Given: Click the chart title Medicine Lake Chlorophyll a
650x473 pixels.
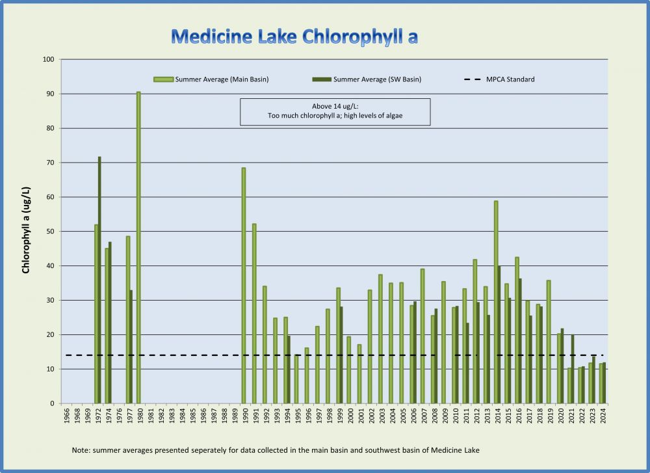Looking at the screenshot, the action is click(294, 36).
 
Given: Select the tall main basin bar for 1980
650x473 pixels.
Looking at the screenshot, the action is click(138, 247).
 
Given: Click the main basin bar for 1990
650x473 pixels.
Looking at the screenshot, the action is click(244, 286).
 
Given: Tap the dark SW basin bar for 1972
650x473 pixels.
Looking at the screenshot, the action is click(99, 280).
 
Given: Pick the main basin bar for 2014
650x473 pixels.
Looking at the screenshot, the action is click(496, 302).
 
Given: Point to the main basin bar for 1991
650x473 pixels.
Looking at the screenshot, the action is click(254, 313).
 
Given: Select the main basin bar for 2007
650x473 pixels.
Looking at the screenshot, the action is click(422, 336).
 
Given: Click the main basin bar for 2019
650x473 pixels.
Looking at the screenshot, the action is click(549, 342).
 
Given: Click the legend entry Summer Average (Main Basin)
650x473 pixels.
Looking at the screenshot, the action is click(211, 79).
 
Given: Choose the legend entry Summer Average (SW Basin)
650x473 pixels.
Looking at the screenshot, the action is click(367, 79).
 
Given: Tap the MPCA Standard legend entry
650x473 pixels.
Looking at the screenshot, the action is click(499, 79).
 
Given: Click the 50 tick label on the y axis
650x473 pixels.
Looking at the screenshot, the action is click(50, 232).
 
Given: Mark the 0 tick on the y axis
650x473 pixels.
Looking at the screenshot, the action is click(52, 403).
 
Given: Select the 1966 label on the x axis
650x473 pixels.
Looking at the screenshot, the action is click(67, 416).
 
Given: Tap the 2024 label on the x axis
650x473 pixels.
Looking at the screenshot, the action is click(603, 416).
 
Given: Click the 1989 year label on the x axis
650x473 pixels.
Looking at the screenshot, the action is click(235, 416).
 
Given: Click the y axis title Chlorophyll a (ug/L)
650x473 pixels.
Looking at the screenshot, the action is click(26, 230).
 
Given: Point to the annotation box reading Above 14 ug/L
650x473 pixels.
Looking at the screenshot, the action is click(335, 112).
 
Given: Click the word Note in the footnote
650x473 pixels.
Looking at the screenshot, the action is click(81, 450).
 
